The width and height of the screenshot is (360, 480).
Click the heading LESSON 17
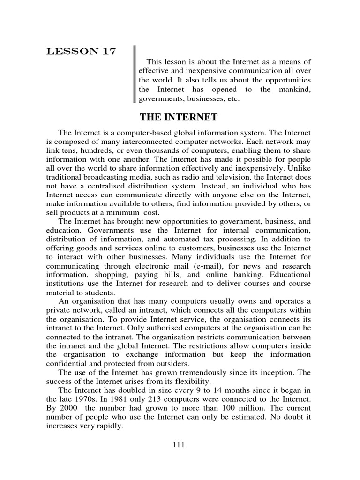(x=81, y=52)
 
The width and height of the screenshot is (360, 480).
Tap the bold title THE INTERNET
(x=179, y=117)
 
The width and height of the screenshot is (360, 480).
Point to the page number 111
(x=179, y=445)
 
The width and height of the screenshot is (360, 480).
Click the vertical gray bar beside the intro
(x=135, y=74)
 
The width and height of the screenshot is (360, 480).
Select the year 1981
(x=121, y=399)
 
